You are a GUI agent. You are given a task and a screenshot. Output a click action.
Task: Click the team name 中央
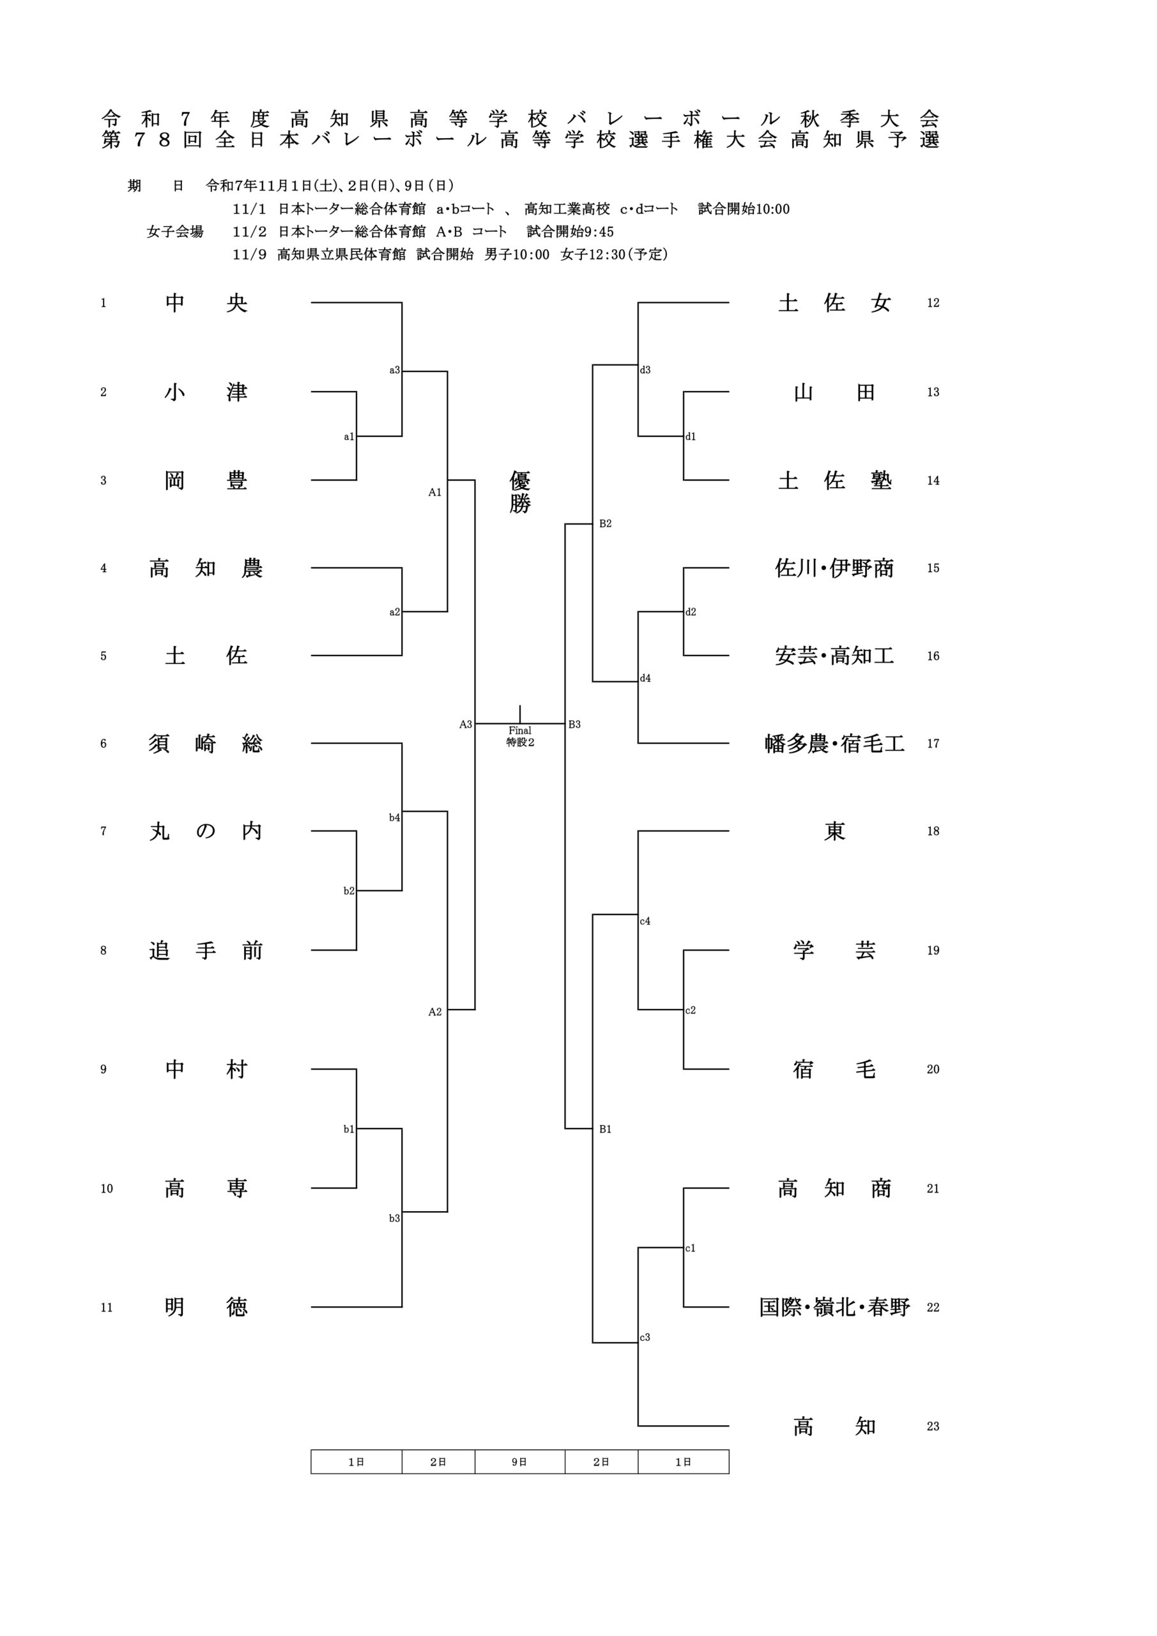pos(206,304)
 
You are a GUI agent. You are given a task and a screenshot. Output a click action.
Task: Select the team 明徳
pos(206,1308)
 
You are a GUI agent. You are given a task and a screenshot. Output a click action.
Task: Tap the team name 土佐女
pos(834,304)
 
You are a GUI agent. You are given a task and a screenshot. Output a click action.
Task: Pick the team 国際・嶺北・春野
pos(834,1308)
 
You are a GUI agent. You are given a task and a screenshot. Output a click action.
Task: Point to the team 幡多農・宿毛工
pos(834,744)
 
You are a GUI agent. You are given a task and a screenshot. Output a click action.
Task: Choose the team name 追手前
pos(206,950)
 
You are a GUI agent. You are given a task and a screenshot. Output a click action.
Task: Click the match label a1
pos(349,436)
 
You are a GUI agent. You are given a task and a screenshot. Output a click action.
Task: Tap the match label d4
pos(645,678)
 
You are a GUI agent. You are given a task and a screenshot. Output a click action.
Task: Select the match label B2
pos(606,524)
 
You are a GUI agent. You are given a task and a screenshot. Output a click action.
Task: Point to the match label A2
pos(435,1012)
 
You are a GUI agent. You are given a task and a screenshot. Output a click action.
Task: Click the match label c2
pos(691,1010)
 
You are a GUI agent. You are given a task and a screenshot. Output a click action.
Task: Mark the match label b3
pos(395,1219)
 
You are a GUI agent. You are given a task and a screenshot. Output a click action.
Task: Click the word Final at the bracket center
pos(520,730)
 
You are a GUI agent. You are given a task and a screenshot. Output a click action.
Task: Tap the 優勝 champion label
pos(520,491)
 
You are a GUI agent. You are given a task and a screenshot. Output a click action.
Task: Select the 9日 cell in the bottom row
pos(519,1462)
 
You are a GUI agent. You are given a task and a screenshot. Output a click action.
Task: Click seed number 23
pos(933,1426)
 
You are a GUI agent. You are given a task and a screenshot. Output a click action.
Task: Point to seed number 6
pos(103,744)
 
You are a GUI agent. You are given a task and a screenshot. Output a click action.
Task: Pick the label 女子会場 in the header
pos(174,231)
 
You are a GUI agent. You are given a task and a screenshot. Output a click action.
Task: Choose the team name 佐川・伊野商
pos(834,569)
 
